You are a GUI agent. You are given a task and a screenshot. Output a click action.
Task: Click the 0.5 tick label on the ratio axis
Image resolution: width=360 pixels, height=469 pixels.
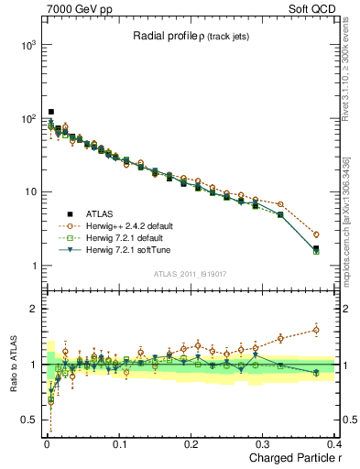point(30,420)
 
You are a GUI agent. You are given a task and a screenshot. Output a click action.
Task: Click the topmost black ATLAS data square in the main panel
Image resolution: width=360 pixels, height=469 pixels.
point(50,112)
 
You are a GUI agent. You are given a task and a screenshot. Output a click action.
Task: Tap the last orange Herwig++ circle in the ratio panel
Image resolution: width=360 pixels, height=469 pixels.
point(316,330)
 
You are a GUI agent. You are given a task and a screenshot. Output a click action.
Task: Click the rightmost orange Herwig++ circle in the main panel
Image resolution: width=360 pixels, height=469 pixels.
point(316,234)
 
